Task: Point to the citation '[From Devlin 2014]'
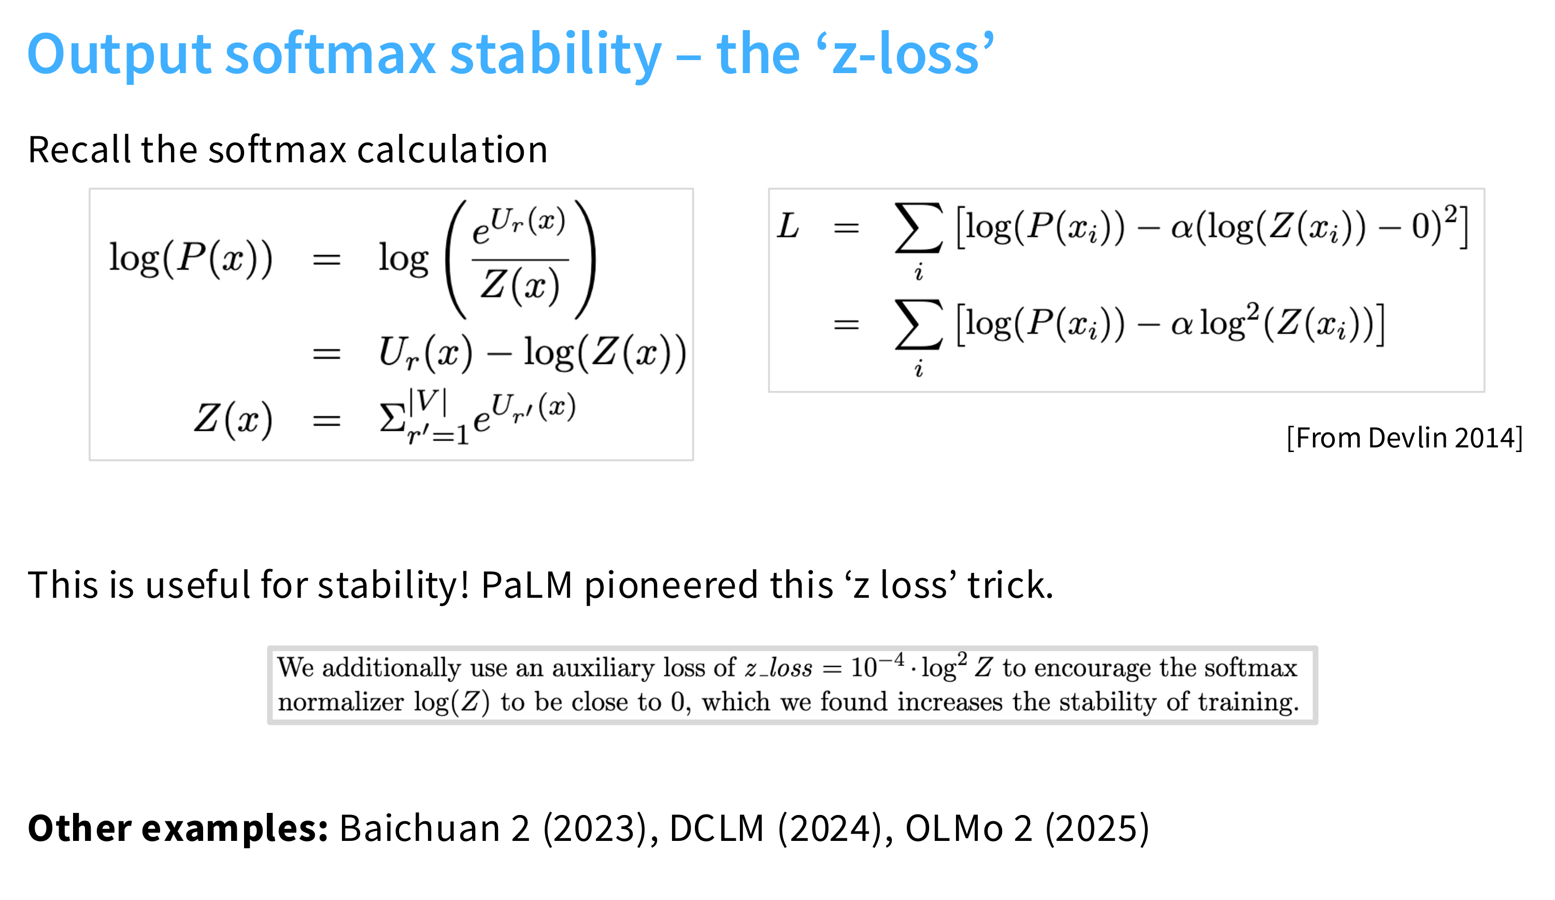point(1404,438)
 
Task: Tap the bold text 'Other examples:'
point(178,828)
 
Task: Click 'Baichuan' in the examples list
point(419,828)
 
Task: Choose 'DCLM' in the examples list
point(717,828)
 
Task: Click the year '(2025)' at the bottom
point(1096,828)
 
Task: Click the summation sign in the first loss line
point(919,229)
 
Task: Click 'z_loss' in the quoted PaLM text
point(778,668)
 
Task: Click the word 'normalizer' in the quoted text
point(340,702)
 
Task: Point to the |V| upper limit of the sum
point(427,401)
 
